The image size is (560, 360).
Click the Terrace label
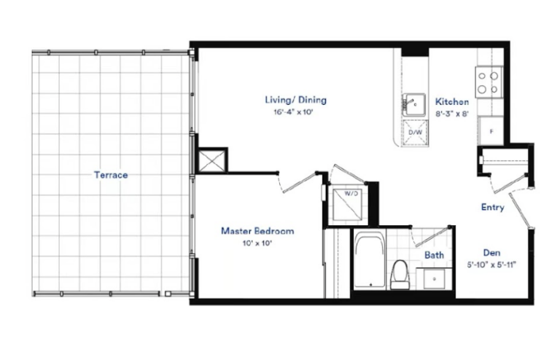click(111, 175)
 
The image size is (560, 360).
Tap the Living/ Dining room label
click(296, 100)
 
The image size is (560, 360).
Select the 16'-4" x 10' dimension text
click(293, 112)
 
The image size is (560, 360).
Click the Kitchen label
click(452, 102)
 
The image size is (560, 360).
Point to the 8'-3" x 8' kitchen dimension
click(452, 114)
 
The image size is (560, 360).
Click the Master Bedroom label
click(257, 231)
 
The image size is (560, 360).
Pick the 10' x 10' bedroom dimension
click(257, 243)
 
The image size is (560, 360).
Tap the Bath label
click(435, 255)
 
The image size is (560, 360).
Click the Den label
click(491, 253)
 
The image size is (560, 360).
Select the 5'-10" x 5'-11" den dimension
click(491, 265)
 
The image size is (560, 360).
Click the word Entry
click(492, 207)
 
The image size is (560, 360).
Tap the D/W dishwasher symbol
click(416, 133)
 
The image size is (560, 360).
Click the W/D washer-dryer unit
click(348, 205)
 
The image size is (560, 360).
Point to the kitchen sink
click(414, 105)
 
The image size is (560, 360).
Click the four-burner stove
click(489, 82)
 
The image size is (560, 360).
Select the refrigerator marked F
click(491, 131)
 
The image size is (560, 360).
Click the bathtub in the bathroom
click(370, 260)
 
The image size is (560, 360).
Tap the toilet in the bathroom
click(400, 274)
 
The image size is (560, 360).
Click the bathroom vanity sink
click(435, 278)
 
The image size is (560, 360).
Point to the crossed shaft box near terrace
click(212, 160)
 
